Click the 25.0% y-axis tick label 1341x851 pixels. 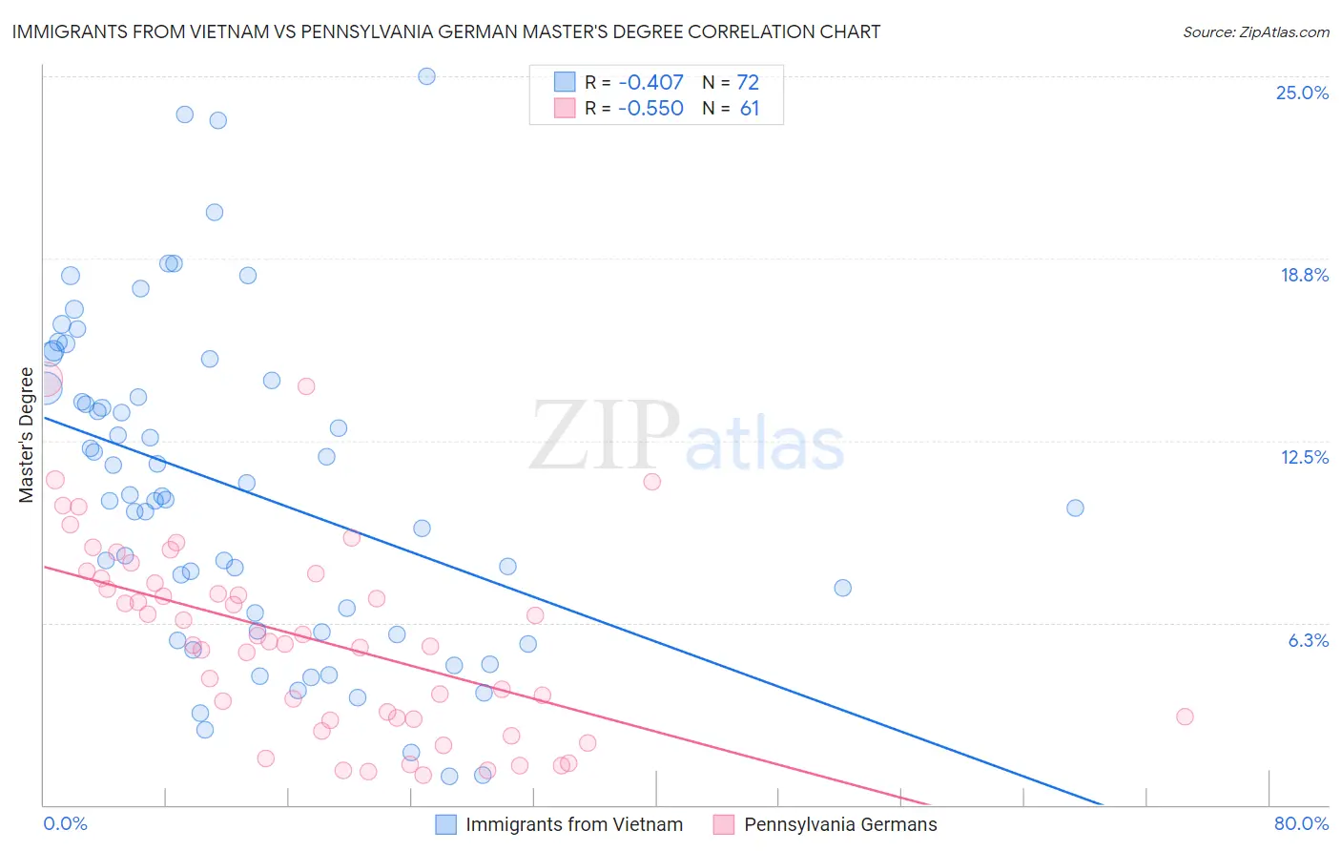[1302, 93]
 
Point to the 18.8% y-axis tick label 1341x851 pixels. [1304, 276]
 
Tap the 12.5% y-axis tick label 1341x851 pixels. [1304, 458]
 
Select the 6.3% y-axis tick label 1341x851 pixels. [1308, 640]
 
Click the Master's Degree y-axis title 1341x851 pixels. [26, 435]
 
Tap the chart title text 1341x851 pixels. [446, 31]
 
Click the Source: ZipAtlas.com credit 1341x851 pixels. [1255, 32]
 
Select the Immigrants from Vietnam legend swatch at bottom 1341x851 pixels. [445, 825]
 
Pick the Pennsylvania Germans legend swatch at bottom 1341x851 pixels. [724, 825]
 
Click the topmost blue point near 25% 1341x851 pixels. [426, 76]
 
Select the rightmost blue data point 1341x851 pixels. [1075, 508]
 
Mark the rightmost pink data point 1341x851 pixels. [1185, 716]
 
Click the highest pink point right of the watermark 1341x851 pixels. [652, 482]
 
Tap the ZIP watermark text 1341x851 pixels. [605, 437]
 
